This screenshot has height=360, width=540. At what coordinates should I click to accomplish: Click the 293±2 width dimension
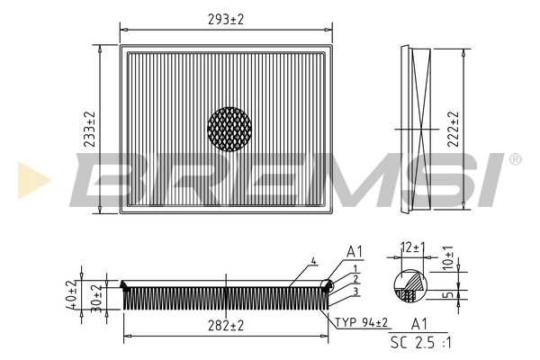tap(226, 18)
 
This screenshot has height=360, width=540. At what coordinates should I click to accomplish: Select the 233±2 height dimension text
tap(89, 130)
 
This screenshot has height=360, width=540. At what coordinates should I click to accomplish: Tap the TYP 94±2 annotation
tap(363, 322)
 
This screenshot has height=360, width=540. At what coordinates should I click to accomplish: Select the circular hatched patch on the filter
tap(229, 130)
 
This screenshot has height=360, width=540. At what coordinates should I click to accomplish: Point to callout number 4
tap(314, 262)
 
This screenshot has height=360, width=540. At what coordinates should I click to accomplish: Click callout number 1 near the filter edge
tap(356, 268)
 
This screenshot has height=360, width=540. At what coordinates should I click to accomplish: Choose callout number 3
tap(356, 291)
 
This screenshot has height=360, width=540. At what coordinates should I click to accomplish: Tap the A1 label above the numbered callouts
tap(355, 252)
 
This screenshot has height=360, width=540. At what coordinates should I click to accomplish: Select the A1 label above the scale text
tap(419, 323)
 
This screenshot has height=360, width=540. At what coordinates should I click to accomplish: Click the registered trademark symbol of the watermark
tap(515, 159)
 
